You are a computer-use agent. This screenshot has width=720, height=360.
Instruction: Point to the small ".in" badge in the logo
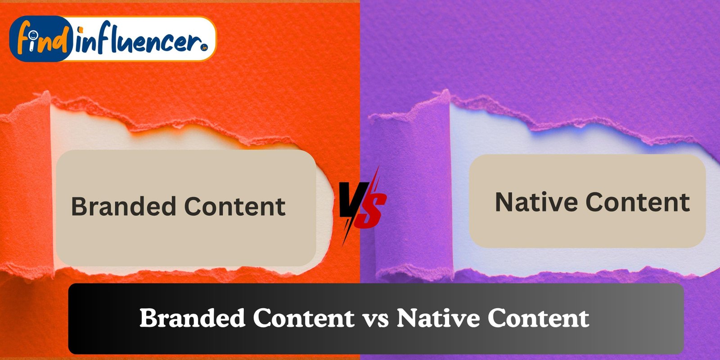pos(204,48)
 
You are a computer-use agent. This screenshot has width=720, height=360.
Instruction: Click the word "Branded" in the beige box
pos(123,206)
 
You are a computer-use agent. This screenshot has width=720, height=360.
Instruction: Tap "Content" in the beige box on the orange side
pos(235,207)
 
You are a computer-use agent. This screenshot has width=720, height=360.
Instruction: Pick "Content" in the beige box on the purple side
pos(638,202)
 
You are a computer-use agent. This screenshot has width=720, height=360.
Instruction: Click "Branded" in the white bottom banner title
pos(192,318)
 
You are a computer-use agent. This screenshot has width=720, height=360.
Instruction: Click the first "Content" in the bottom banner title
pos(304,318)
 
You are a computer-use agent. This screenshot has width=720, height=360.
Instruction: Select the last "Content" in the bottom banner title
pos(538,318)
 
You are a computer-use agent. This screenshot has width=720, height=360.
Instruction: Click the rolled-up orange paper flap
pos(26,183)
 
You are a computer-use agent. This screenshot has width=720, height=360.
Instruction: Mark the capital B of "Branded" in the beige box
pos(79,206)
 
